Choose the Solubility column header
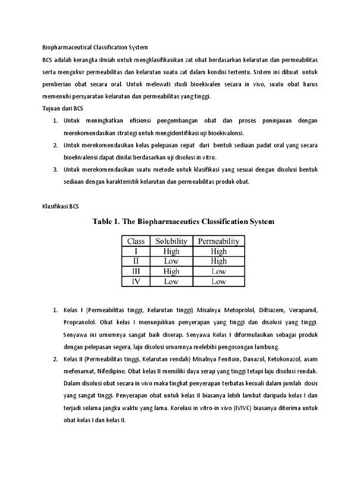(172, 242)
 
